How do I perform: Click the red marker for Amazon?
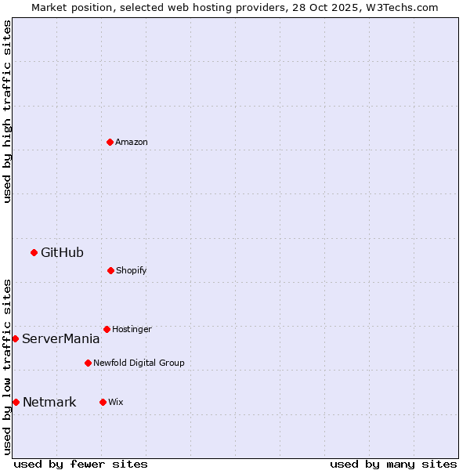110,142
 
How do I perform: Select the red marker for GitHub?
34,252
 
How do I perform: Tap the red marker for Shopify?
110,270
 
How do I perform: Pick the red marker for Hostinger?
107,329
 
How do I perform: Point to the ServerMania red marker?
15,338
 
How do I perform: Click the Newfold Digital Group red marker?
88,363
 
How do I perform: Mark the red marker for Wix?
103,402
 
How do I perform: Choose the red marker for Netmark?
16,402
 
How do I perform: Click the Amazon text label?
132,142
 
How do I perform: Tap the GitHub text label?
62,252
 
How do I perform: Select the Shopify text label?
132,270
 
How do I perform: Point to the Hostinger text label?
132,329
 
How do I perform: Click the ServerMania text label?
61,338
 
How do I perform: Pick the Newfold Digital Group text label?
139,363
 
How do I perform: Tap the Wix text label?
116,402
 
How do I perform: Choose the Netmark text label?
49,402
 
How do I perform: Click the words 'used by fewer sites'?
81,464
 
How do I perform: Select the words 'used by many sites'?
393,464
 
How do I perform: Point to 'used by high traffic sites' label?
7,111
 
